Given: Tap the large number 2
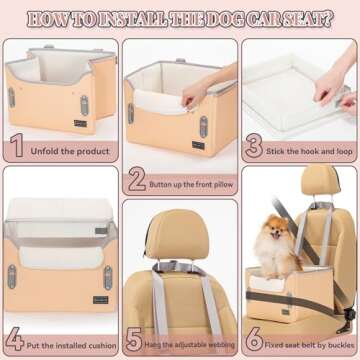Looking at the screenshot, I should click(138, 179).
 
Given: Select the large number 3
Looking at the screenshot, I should click(255, 147).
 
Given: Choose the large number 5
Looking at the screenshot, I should click(136, 341).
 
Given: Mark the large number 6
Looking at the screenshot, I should click(254, 341).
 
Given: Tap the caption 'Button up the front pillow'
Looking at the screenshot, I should click(192, 183).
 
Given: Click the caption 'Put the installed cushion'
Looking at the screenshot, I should click(72, 342).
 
